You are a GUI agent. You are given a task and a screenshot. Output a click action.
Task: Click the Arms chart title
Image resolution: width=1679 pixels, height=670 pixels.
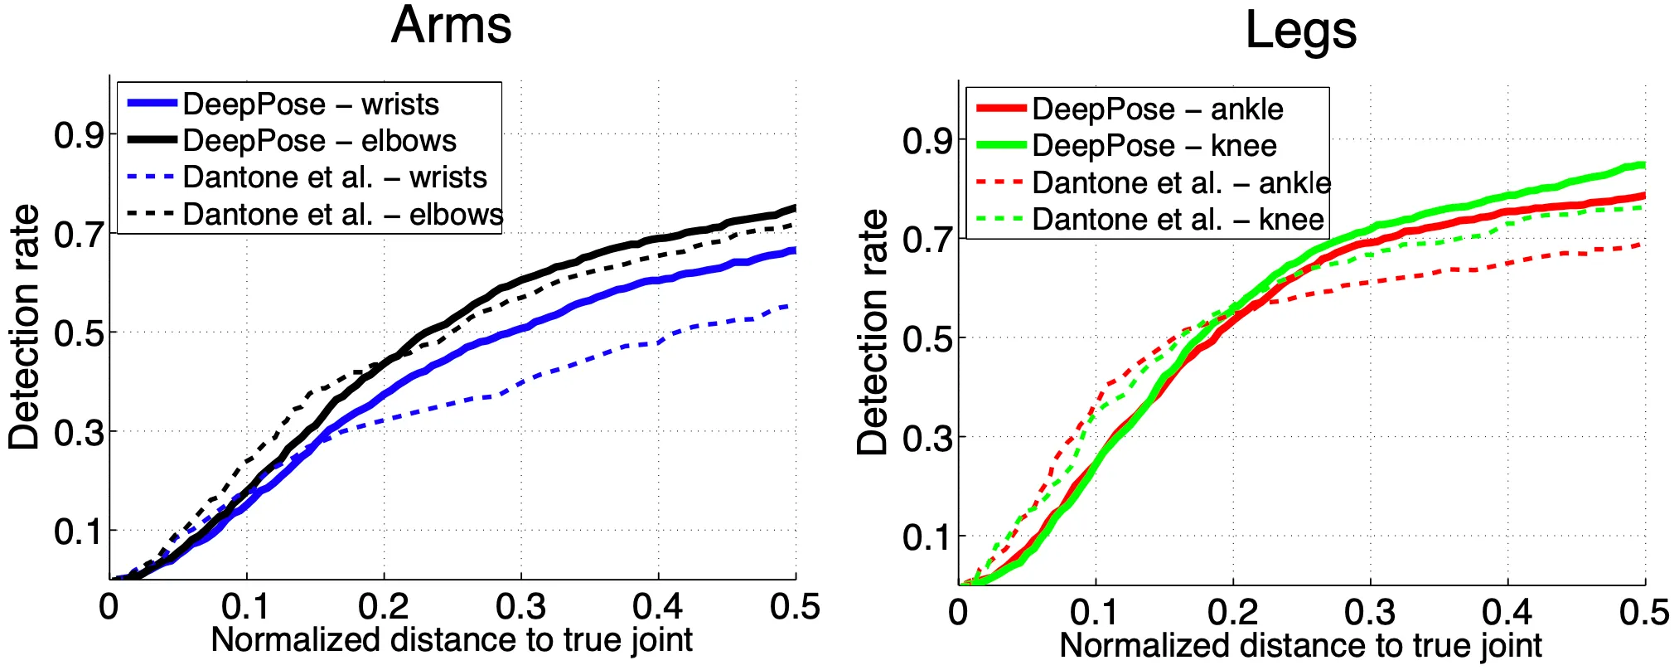[x=451, y=26]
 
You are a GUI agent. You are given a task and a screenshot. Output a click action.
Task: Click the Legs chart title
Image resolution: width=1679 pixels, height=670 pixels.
[x=1300, y=32]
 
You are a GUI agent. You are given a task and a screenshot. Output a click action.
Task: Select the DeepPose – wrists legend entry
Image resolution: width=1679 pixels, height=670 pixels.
[x=311, y=104]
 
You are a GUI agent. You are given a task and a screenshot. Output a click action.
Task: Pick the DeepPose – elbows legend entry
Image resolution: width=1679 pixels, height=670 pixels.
[x=319, y=141]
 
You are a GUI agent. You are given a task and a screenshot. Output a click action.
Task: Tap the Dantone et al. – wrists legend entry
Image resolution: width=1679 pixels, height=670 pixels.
[x=335, y=177]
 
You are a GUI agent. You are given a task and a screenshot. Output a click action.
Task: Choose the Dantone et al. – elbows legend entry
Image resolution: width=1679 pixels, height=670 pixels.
[x=342, y=214]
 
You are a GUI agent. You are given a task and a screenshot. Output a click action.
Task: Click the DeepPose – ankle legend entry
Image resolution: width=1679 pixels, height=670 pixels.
[x=1157, y=109]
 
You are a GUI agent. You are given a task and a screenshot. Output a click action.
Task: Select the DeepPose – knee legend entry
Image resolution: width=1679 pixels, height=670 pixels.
[x=1154, y=146]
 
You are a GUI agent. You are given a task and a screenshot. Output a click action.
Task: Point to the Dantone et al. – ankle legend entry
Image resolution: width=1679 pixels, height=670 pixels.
[x=1181, y=182]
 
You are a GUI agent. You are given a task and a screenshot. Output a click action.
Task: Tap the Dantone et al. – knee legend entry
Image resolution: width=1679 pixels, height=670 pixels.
[x=1178, y=219]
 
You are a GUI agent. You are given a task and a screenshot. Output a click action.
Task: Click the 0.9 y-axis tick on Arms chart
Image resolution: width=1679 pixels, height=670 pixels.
[x=79, y=135]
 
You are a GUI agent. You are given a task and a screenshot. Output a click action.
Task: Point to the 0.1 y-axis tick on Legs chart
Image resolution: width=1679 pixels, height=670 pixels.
[x=927, y=536]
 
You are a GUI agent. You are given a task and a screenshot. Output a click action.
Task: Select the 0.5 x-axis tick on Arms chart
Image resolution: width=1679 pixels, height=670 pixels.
[x=795, y=607]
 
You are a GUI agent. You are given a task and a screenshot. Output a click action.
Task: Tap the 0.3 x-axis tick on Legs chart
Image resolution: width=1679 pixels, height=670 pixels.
[x=1370, y=613]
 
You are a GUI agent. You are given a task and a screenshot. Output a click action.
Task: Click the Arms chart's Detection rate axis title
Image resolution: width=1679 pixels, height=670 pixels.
[x=24, y=328]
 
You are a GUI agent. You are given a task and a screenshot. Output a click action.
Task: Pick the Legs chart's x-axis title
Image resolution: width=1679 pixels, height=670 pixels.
[x=1300, y=645]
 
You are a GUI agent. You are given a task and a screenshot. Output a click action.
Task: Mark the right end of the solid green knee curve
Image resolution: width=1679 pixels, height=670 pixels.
[x=1644, y=165]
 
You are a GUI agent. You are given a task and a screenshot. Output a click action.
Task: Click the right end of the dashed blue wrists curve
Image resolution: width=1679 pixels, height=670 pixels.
[x=794, y=306]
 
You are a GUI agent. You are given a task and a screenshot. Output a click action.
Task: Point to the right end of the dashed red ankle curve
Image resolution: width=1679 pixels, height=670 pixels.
[x=1643, y=245]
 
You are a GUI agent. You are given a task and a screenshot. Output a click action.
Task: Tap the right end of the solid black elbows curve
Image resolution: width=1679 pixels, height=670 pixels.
[x=795, y=207]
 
